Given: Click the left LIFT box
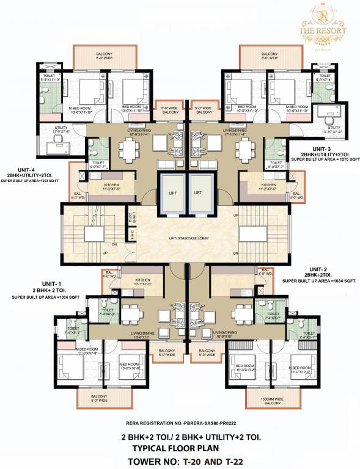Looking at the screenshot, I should [171, 192].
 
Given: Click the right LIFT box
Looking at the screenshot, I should [198, 192].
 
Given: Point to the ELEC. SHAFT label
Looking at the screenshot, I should [130, 217].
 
